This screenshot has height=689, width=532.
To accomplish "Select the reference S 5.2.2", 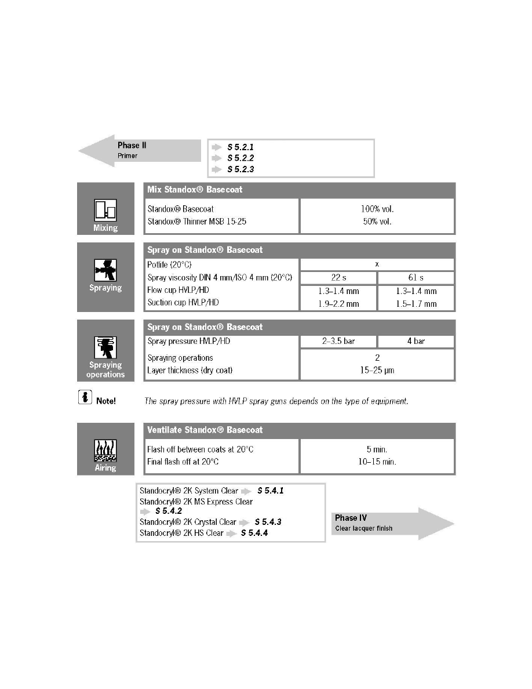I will [x=240, y=158].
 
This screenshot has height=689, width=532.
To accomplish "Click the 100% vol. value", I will [x=377, y=208].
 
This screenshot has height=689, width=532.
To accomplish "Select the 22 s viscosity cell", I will [x=338, y=278].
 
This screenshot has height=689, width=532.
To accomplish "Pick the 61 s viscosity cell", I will [x=416, y=278].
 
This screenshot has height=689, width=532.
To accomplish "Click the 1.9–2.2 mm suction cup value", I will [x=338, y=303].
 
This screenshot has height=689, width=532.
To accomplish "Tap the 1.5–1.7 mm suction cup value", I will [x=416, y=303].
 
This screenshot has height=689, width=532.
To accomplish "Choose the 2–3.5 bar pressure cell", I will [x=338, y=341].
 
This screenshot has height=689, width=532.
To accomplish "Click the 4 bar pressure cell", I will [x=416, y=341].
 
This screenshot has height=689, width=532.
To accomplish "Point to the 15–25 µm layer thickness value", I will [x=377, y=370].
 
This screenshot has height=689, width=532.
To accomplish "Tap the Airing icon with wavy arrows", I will [x=105, y=451].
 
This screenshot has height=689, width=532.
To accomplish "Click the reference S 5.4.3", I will [x=268, y=522].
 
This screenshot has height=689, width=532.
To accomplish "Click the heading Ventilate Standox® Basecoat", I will [x=205, y=430].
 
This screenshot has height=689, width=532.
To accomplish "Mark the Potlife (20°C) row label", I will [x=170, y=264].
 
